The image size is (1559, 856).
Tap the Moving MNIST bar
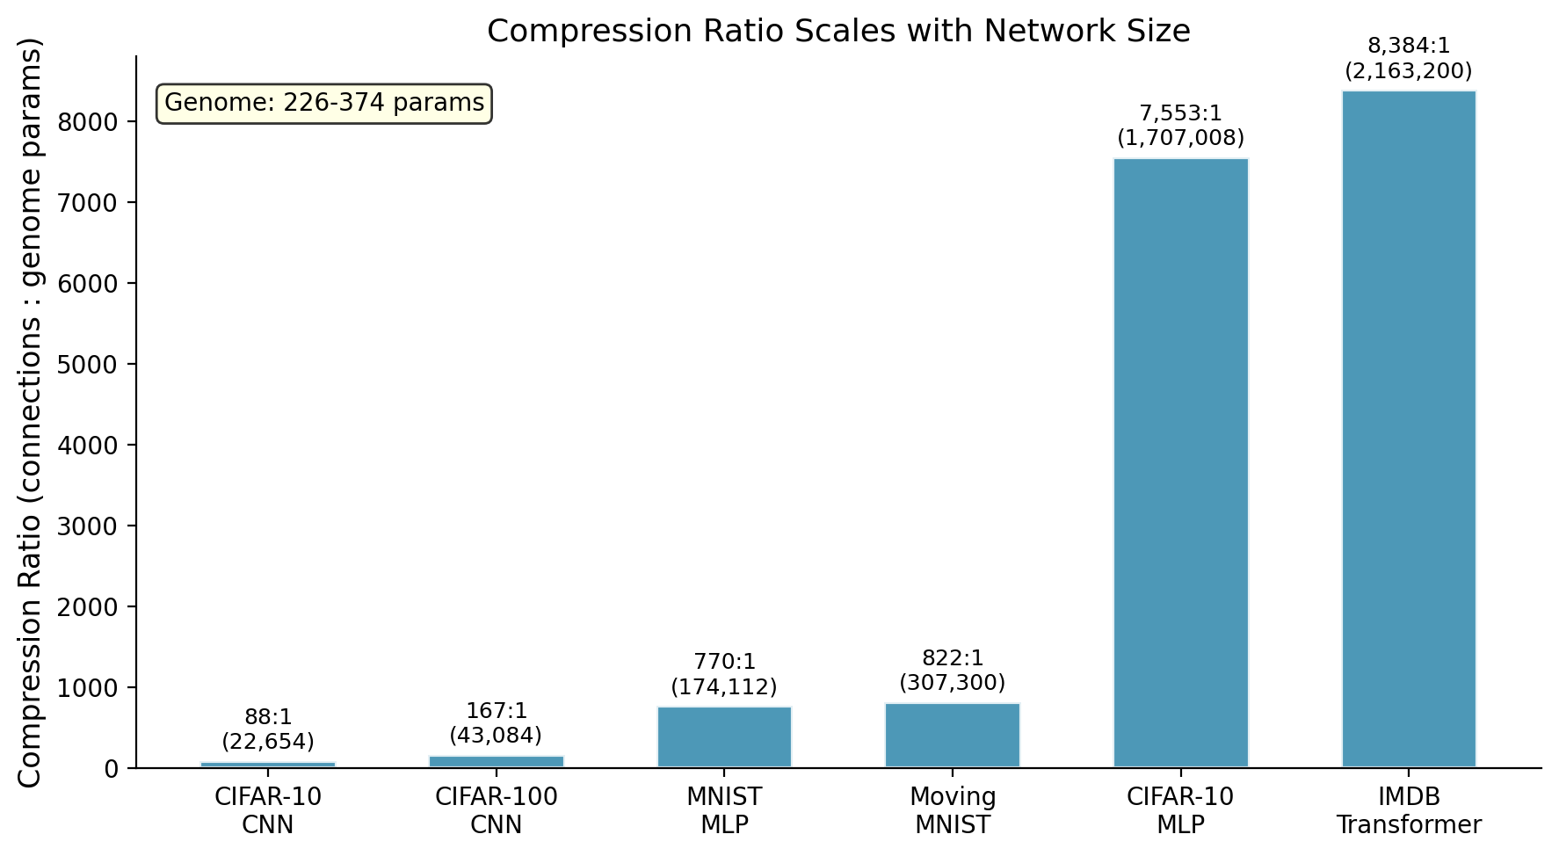pos(953,736)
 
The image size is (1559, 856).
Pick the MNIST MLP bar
pos(724,737)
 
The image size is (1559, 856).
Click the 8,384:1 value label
pos(1409,58)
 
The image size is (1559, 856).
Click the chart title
pos(838,32)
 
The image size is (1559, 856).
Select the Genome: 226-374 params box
pos(324,104)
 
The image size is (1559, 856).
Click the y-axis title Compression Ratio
pos(30,413)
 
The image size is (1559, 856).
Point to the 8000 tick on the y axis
pos(87,121)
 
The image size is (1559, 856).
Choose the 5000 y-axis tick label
pos(87,364)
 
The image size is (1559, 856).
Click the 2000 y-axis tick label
pos(87,606)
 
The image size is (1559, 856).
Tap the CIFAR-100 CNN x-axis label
pos(496,810)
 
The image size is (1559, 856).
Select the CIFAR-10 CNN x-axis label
pos(268,810)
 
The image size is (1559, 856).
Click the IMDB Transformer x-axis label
pos(1409,810)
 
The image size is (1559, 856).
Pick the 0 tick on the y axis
pos(111,768)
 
